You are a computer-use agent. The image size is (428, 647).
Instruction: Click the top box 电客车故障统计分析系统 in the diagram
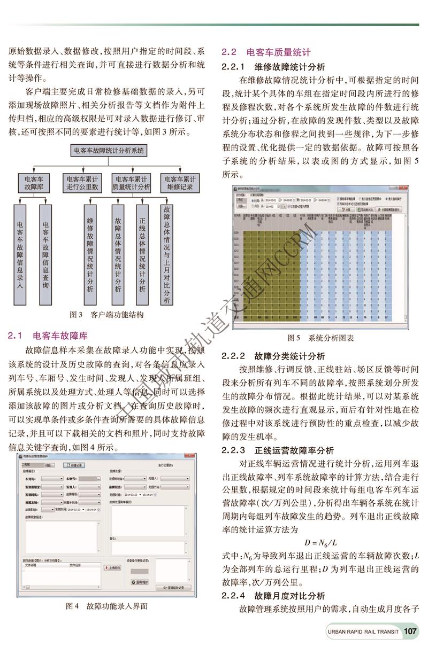[x=108, y=151]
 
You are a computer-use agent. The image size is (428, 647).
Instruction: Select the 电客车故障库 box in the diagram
[x=34, y=183]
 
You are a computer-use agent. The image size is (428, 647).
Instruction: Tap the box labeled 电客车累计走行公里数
[x=82, y=183]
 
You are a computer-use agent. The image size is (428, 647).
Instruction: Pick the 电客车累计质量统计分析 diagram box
[x=131, y=183]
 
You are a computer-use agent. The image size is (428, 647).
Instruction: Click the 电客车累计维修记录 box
[x=180, y=183]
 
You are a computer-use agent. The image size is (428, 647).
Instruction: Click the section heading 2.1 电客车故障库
[x=48, y=336]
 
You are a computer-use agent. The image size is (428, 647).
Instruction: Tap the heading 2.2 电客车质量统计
[x=266, y=52]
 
